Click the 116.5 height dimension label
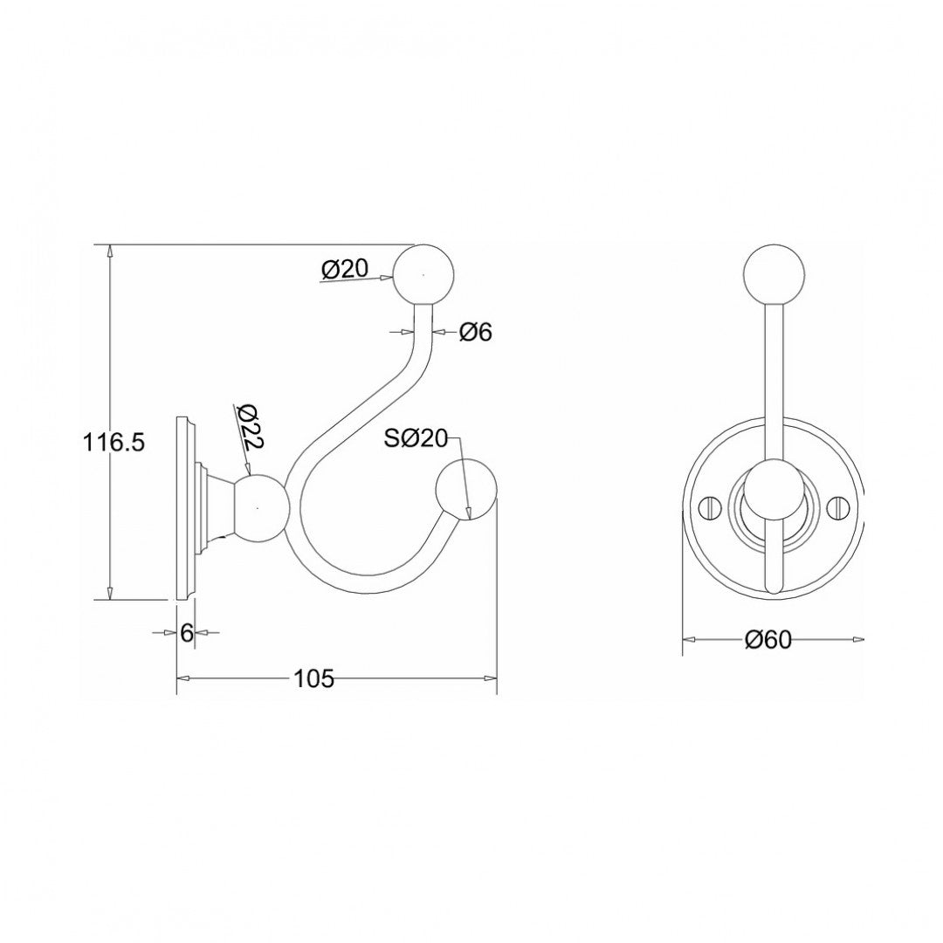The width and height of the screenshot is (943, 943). click(x=114, y=443)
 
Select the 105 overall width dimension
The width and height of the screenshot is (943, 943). click(x=314, y=678)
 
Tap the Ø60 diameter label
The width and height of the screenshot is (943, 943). click(x=767, y=640)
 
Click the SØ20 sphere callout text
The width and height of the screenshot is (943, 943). click(x=416, y=439)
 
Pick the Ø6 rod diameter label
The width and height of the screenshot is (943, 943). click(x=475, y=332)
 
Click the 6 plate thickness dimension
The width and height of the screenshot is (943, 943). click(x=186, y=633)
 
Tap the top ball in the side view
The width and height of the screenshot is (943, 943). click(x=425, y=274)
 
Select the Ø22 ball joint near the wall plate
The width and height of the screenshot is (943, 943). click(x=258, y=507)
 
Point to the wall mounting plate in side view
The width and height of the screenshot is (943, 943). click(x=186, y=507)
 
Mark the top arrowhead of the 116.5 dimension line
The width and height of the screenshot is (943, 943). click(x=110, y=251)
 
